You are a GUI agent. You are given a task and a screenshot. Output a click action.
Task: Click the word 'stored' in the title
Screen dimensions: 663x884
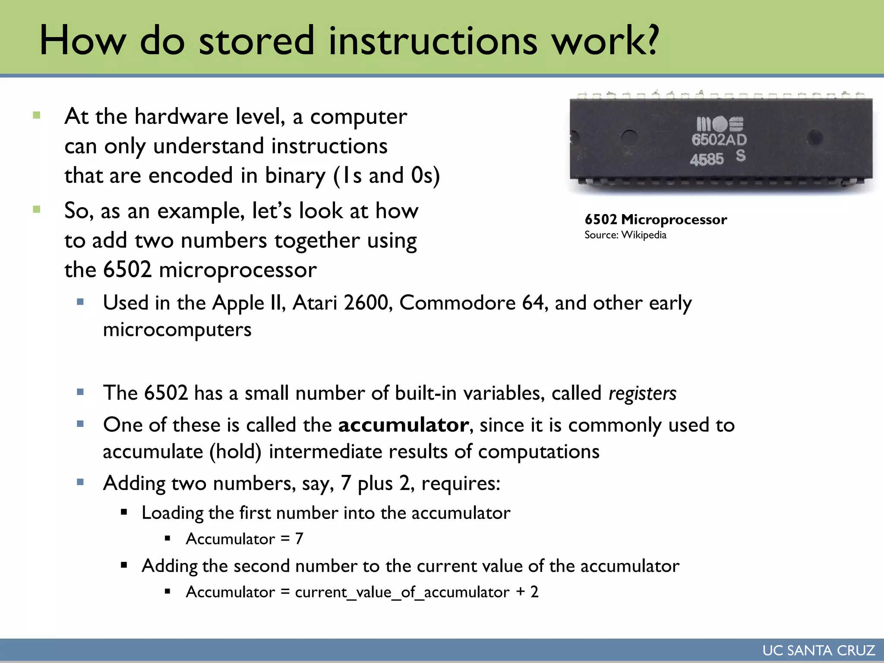point(256,41)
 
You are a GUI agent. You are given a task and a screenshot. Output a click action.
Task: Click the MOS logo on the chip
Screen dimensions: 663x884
point(720,124)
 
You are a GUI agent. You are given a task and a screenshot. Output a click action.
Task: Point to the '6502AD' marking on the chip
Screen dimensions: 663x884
point(719,140)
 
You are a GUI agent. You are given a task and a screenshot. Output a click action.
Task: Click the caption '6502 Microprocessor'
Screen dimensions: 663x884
point(655,220)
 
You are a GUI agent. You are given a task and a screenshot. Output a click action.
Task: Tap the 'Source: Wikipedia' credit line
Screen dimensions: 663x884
point(625,235)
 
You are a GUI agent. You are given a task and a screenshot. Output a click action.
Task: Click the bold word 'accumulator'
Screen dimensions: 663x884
point(403,425)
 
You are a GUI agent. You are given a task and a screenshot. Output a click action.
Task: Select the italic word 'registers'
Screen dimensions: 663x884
point(642,393)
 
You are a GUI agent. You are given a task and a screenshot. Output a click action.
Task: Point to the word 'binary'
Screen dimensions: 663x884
point(295,176)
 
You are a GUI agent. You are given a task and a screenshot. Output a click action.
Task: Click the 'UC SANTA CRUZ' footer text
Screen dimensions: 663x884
point(818,650)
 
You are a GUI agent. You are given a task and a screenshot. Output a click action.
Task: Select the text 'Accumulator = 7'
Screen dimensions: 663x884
point(244,539)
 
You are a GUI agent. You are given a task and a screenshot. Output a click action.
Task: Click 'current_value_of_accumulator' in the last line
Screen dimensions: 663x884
point(402,592)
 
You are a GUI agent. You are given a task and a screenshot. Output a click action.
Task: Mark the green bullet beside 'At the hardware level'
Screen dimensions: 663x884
point(37,115)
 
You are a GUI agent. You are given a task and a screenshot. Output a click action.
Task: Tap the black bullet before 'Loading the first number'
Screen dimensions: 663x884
point(124,513)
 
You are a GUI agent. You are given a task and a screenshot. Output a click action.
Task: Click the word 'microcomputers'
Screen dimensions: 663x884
point(177,330)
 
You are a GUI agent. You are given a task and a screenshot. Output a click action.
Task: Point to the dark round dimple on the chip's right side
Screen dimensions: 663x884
point(815,138)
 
